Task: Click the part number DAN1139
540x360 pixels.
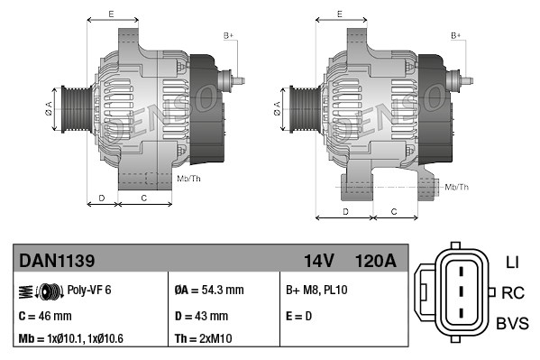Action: (x=58, y=261)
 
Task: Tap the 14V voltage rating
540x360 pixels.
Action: (x=319, y=261)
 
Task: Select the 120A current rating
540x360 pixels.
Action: (x=376, y=261)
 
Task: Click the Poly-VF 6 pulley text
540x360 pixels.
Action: (x=89, y=291)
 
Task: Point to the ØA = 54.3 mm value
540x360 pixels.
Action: (x=208, y=291)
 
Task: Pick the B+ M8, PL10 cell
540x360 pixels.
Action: (x=316, y=291)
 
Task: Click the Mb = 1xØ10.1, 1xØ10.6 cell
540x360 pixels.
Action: (x=73, y=339)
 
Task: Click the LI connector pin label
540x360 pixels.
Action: (x=512, y=263)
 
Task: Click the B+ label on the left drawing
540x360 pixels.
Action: (x=228, y=34)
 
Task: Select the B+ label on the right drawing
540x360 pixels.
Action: (x=456, y=34)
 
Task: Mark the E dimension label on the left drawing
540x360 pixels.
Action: (x=111, y=14)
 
